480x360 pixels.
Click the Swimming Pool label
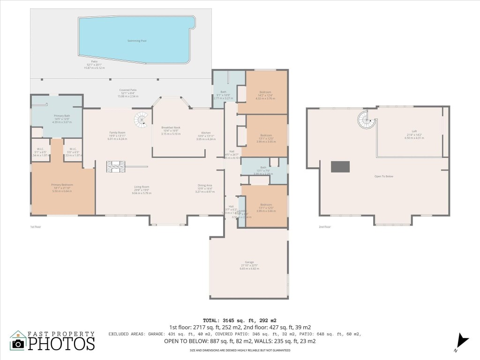click(x=137, y=41)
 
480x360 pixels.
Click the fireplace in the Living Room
click(x=116, y=166)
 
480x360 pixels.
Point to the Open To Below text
click(x=383, y=176)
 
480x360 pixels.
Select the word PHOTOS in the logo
click(x=61, y=344)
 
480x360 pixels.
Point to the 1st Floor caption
click(x=36, y=227)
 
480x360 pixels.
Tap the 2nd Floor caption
click(x=324, y=227)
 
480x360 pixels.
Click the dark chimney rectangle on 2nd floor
click(x=340, y=166)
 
